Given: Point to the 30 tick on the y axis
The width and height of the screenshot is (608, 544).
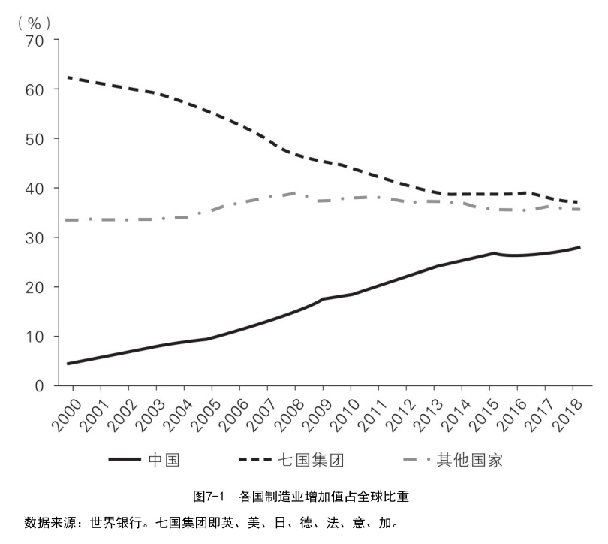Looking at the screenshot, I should pyautogui.click(x=35, y=237).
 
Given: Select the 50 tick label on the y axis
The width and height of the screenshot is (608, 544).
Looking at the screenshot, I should pyautogui.click(x=35, y=139).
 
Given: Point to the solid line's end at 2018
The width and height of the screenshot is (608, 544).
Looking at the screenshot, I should pyautogui.click(x=579, y=247).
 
